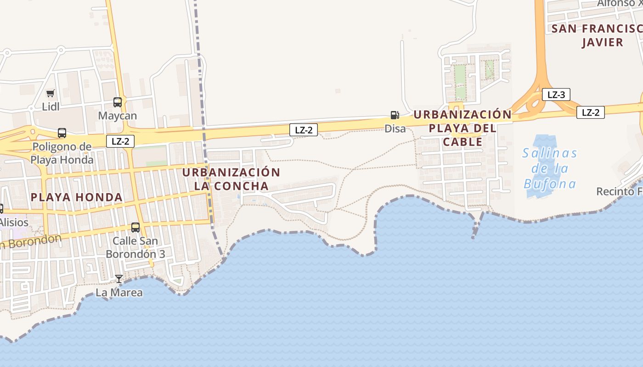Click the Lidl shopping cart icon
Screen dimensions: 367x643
pyautogui.click(x=50, y=94)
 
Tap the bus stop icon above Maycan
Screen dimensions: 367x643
pyautogui.click(x=118, y=102)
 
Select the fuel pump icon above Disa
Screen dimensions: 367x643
pyautogui.click(x=395, y=115)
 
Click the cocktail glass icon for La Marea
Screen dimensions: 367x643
pyautogui.click(x=119, y=278)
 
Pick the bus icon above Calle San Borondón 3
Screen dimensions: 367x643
pyautogui.click(x=135, y=227)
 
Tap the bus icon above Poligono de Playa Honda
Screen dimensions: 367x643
pyautogui.click(x=62, y=133)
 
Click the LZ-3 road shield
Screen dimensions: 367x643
pyautogui.click(x=556, y=95)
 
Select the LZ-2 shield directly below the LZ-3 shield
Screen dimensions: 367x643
pyautogui.click(x=590, y=112)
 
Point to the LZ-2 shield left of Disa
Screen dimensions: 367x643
pyautogui.click(x=303, y=130)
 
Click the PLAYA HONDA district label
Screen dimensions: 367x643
pyautogui.click(x=76, y=198)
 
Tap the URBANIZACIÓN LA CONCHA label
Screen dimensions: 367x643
pyautogui.click(x=231, y=179)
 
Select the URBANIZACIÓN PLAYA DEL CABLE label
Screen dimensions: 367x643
pyautogui.click(x=463, y=128)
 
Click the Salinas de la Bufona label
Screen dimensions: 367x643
pyautogui.click(x=550, y=169)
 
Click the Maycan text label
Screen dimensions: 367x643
pyautogui.click(x=118, y=116)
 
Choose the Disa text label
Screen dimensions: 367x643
pyautogui.click(x=395, y=129)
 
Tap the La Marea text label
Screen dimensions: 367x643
pyautogui.click(x=119, y=293)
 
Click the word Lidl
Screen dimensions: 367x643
pyautogui.click(x=51, y=107)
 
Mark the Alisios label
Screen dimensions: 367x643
pyautogui.click(x=14, y=222)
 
